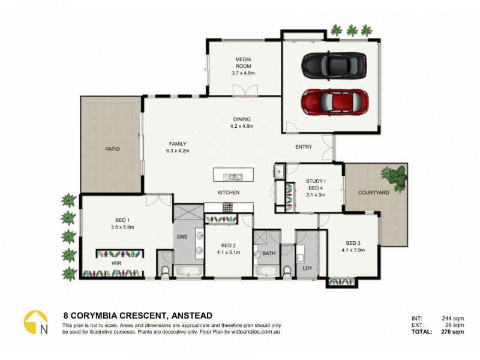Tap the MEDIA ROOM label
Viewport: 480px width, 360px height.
(244, 66)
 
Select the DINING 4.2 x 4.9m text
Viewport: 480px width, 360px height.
(242, 122)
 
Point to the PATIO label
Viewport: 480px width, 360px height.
(112, 149)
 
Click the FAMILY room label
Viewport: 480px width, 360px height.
(178, 147)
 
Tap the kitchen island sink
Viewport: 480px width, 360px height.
(233, 176)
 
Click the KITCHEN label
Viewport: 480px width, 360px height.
(229, 193)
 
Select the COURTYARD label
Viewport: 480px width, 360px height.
(374, 193)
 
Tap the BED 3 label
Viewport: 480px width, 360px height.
(353, 245)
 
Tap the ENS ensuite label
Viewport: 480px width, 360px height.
(182, 237)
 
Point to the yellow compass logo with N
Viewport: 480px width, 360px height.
(36, 323)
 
